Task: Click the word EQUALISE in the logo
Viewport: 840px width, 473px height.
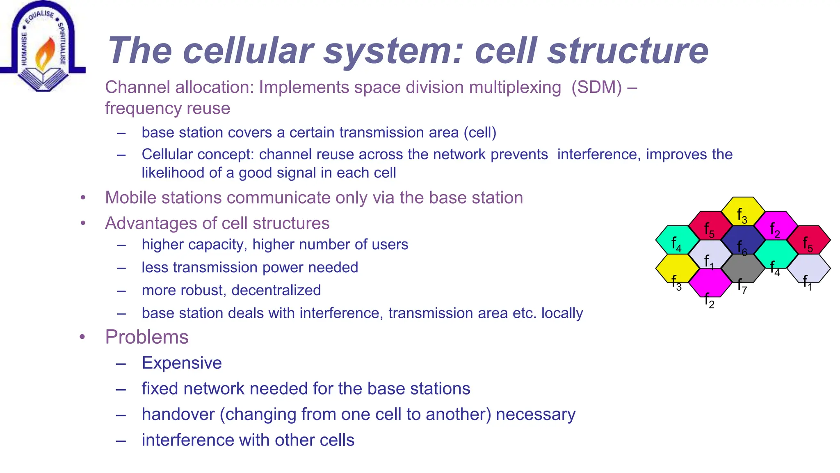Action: click(39, 16)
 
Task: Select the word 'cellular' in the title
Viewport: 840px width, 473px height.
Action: click(248, 51)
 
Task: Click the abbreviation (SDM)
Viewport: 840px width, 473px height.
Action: click(597, 87)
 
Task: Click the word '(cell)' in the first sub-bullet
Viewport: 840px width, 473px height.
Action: click(480, 133)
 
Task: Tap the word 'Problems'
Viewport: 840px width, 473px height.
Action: click(146, 337)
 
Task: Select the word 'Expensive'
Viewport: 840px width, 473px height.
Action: click(182, 363)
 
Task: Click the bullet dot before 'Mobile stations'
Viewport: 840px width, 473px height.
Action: click(83, 198)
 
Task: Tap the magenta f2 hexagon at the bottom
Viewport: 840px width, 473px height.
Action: click(710, 283)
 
